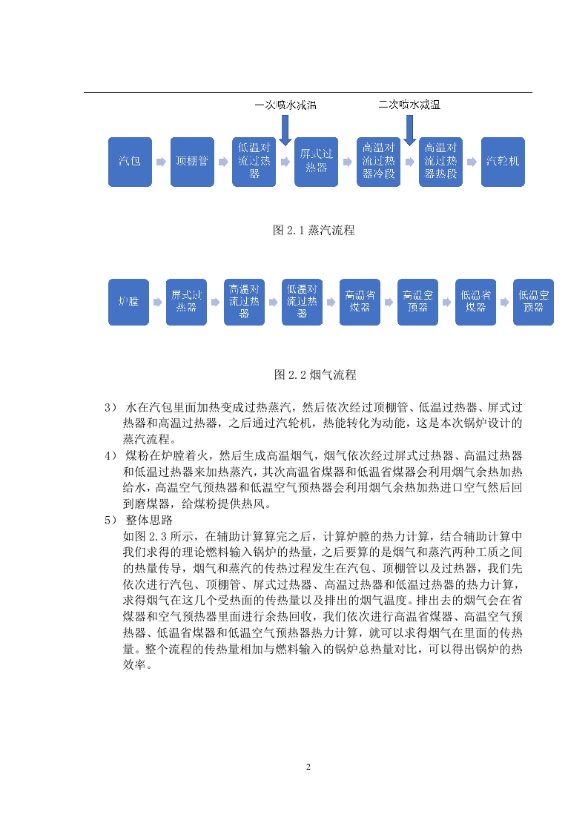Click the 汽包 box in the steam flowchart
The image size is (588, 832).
coord(130,162)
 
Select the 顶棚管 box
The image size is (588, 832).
coord(192,162)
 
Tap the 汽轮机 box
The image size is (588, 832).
coord(503,162)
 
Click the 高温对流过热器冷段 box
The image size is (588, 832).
coord(378,162)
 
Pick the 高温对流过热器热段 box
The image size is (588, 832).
coord(440,162)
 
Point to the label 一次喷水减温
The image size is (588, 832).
coord(285,105)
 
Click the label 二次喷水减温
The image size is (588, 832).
coord(409,105)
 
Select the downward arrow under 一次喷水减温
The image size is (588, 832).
coord(285,130)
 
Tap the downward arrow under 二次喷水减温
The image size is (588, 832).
coord(410,130)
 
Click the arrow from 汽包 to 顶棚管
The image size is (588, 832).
coord(161,162)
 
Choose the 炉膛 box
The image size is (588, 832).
coord(128,302)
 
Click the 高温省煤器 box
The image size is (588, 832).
coord(360,302)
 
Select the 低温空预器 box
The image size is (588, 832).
coord(533,302)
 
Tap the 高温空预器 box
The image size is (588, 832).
coord(417,302)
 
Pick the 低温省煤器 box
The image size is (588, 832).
coord(475,302)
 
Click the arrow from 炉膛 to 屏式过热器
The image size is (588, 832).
coord(158,302)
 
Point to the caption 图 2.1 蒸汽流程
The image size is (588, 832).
coord(314,231)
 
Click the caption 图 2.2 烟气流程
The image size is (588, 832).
coord(315,375)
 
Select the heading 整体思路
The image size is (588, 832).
coord(149,520)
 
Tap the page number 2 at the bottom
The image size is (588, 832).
coord(308,767)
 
